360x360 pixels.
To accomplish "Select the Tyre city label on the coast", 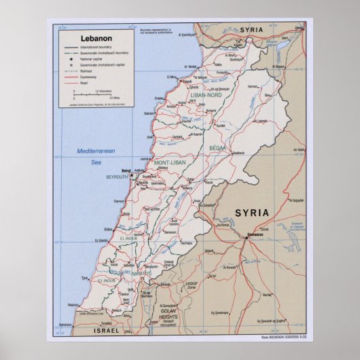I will [x=85, y=278].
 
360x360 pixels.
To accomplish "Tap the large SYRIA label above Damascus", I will [x=251, y=213].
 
